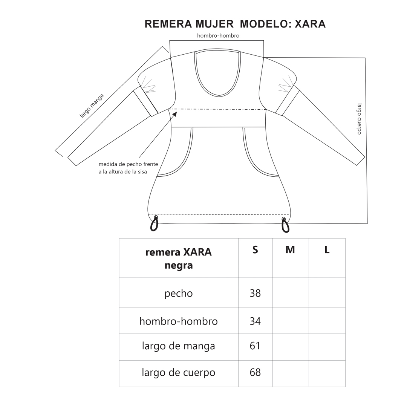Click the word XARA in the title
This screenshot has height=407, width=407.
(x=311, y=24)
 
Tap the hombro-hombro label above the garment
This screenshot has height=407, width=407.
(x=218, y=35)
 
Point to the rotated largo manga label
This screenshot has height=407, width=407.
(x=91, y=106)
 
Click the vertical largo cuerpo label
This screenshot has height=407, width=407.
(x=360, y=119)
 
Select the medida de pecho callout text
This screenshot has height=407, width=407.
(x=128, y=168)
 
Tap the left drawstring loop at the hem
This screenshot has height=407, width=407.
(x=154, y=223)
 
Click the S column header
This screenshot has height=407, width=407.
(x=255, y=250)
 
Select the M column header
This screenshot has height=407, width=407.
(x=290, y=250)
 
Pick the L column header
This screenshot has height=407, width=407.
(x=327, y=250)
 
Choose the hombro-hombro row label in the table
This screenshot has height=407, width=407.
(x=179, y=321)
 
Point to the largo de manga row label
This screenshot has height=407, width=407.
(x=179, y=346)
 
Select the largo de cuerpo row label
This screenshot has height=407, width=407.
(x=179, y=373)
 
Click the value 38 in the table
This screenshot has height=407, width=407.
(x=255, y=293)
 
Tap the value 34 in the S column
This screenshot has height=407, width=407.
(x=255, y=321)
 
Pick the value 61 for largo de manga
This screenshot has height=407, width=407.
(x=255, y=346)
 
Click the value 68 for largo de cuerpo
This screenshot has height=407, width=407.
(x=255, y=372)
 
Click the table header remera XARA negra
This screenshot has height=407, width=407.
(x=179, y=259)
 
